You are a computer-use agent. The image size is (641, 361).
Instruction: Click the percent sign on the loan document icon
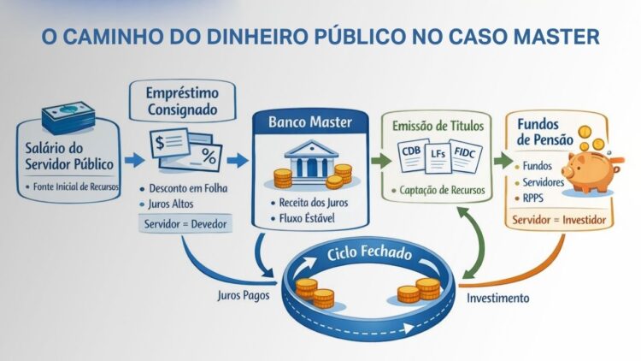209,157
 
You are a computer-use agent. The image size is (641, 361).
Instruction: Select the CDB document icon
411,157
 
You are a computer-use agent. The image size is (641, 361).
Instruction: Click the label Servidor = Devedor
182,224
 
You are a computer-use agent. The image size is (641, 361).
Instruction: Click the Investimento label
498,299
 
